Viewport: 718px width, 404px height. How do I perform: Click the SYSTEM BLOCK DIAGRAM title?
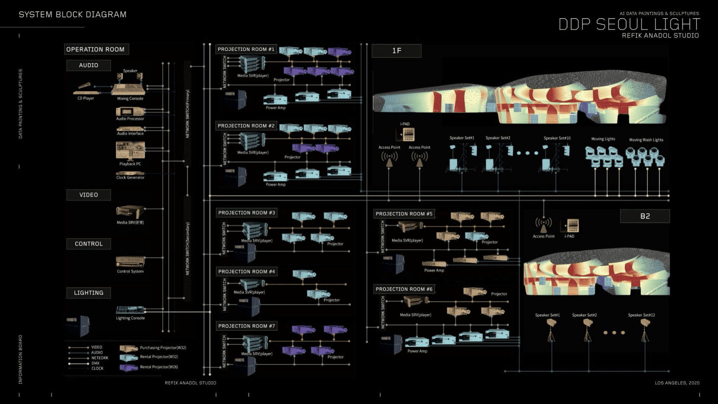click(73, 14)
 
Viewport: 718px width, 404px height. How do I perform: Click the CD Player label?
click(86, 98)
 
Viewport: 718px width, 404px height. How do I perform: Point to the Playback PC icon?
click(130, 151)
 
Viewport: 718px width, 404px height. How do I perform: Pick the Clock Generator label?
click(130, 178)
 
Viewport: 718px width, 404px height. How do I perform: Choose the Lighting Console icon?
click(130, 310)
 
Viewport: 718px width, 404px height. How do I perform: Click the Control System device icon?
click(130, 262)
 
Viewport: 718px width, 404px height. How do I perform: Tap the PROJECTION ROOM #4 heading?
click(247, 272)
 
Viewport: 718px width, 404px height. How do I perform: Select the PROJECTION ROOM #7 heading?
click(247, 326)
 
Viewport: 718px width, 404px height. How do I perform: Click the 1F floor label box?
click(397, 51)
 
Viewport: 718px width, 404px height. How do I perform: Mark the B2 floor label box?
click(645, 216)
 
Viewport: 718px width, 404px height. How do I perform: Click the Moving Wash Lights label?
click(646, 140)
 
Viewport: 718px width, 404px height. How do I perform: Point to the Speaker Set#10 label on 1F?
click(557, 138)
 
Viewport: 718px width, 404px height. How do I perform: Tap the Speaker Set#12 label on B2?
click(641, 315)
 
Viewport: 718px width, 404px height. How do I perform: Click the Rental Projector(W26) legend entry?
click(159, 367)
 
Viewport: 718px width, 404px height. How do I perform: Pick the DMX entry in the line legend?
click(95, 363)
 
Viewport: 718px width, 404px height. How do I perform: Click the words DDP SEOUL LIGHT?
click(629, 24)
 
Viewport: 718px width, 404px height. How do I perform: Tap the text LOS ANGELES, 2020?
click(677, 383)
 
